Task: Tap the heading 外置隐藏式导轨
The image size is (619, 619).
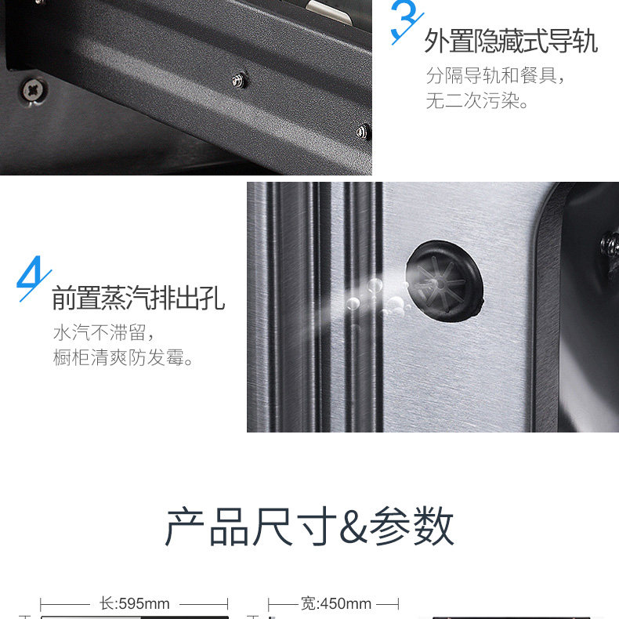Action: coord(511,41)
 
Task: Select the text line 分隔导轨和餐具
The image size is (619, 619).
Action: coord(495,75)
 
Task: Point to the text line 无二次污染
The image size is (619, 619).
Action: coord(477,100)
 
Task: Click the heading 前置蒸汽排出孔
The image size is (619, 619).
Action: coord(139,298)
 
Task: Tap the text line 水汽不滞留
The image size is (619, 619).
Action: coord(103,332)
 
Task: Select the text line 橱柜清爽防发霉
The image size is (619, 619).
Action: coord(123,357)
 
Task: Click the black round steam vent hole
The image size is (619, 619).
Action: coord(444,281)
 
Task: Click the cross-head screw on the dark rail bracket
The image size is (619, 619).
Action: coord(34,90)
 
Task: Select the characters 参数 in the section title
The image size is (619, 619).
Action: coord(411,527)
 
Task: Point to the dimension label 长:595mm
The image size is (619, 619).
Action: coord(135,603)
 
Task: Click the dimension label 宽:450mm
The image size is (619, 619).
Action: coord(336,603)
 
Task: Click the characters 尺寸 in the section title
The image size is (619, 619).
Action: coord(294,527)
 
